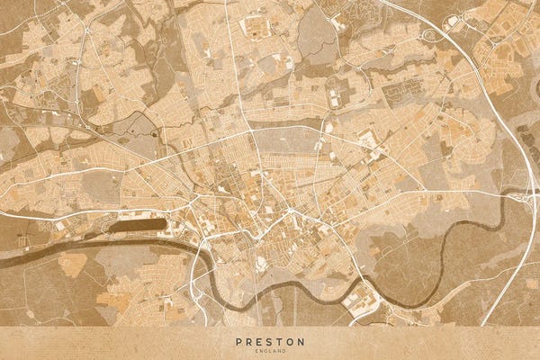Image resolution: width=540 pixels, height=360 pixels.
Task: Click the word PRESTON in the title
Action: (270, 342)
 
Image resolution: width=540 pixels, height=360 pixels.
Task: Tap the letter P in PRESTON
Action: (238, 342)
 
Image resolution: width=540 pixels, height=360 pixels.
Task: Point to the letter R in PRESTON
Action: (248, 342)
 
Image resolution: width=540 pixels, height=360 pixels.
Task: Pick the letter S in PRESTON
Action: (269, 342)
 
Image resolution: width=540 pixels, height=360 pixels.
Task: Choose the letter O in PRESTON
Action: (290, 342)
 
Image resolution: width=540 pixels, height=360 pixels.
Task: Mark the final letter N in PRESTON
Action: (301, 342)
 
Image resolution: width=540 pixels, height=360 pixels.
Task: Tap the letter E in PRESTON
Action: (259, 342)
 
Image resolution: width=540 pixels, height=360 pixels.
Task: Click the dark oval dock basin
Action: (138, 226)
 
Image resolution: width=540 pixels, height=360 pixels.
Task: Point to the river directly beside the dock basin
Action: (135, 241)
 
